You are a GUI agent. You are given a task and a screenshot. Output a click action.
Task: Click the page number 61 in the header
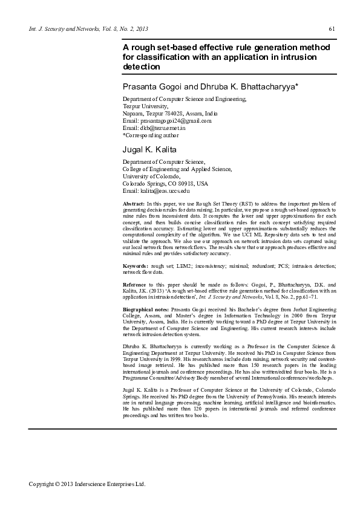(331, 29)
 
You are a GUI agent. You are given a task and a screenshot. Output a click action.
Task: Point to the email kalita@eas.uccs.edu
(157, 191)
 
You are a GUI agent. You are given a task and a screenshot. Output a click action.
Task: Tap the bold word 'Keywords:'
(136, 266)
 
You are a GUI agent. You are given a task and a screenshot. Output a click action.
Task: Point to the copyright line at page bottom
(88, 484)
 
